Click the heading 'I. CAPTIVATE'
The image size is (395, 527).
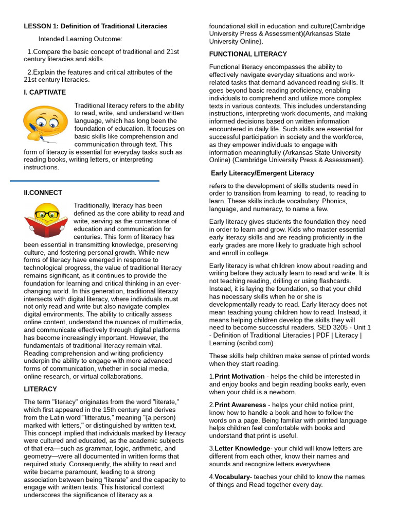(x=45, y=92)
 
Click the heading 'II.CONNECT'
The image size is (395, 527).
(x=43, y=192)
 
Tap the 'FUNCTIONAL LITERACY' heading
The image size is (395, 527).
(x=248, y=54)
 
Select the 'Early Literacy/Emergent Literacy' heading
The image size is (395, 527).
(x=263, y=173)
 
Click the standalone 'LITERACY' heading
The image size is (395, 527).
(x=40, y=389)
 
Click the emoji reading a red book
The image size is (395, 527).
(x=46, y=220)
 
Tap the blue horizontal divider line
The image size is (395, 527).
(x=85, y=181)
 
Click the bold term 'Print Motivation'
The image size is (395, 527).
(x=240, y=376)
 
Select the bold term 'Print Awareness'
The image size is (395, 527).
(x=240, y=405)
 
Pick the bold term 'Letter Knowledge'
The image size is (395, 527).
(x=242, y=448)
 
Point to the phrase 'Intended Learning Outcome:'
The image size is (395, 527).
(x=81, y=39)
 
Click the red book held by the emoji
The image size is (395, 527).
(x=46, y=227)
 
